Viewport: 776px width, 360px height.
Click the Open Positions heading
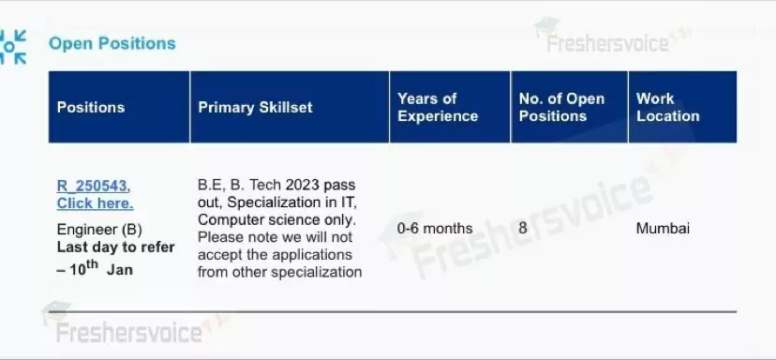(112, 43)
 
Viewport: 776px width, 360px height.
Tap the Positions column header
(91, 108)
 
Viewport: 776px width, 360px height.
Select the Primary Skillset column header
(255, 108)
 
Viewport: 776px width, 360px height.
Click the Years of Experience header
(438, 107)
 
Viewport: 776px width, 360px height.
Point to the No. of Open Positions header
(561, 107)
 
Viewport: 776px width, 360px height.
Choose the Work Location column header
(667, 107)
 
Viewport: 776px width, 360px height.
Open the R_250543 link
(94, 187)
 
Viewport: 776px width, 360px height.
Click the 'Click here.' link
(95, 203)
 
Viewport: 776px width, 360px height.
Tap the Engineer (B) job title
(99, 230)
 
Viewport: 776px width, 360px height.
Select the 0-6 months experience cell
(435, 228)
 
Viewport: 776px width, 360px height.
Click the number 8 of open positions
(523, 228)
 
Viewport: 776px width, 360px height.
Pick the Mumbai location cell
(663, 228)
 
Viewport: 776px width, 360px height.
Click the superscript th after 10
(92, 264)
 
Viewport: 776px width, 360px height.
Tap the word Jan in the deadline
(119, 270)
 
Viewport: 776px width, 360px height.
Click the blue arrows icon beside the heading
(12, 47)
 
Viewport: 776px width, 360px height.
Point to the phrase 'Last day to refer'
(116, 247)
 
